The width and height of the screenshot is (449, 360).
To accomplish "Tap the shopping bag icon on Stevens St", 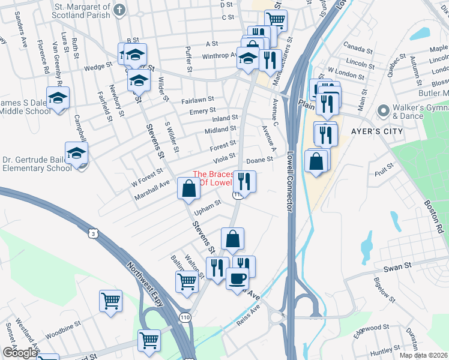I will pyautogui.click(x=188, y=189).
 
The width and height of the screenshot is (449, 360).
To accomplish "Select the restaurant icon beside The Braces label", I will pyautogui.click(x=244, y=181).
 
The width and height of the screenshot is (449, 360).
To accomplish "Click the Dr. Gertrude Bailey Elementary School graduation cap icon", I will pyautogui.click(x=76, y=154).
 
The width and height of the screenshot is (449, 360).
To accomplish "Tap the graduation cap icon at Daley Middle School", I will pyautogui.click(x=58, y=98).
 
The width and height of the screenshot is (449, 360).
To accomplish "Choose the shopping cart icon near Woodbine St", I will pyautogui.click(x=110, y=301).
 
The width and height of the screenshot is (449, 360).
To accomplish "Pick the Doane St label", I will pyautogui.click(x=260, y=160).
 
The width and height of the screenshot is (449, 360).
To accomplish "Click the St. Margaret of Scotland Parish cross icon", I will pyautogui.click(x=119, y=10).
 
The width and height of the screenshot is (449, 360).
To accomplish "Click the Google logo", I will pyautogui.click(x=19, y=353).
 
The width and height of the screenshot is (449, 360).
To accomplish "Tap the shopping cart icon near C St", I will pyautogui.click(x=276, y=20).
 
